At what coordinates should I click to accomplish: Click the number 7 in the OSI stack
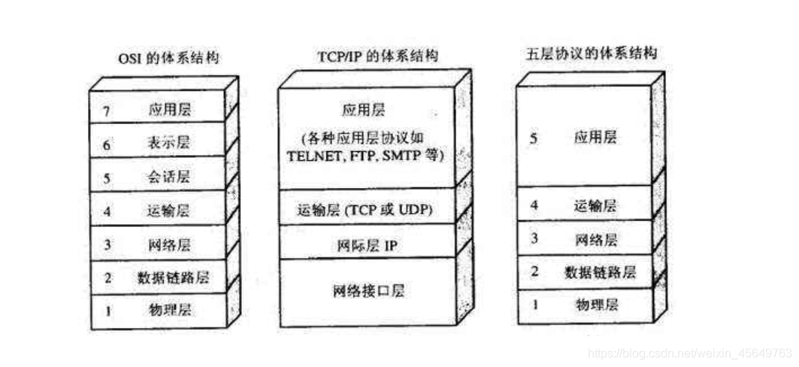(107, 111)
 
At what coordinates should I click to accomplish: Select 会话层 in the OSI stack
(169, 177)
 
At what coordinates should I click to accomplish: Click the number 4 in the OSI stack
(107, 211)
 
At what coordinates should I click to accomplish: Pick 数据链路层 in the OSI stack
(174, 278)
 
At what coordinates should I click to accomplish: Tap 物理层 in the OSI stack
(169, 309)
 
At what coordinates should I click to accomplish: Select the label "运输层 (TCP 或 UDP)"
(366, 208)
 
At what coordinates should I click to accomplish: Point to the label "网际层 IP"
(366, 244)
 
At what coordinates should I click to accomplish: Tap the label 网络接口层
(368, 290)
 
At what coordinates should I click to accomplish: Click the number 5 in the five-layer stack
(534, 139)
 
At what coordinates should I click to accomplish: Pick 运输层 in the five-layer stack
(595, 205)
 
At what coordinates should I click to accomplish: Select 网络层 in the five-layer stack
(595, 240)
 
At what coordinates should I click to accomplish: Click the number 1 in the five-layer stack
(535, 305)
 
